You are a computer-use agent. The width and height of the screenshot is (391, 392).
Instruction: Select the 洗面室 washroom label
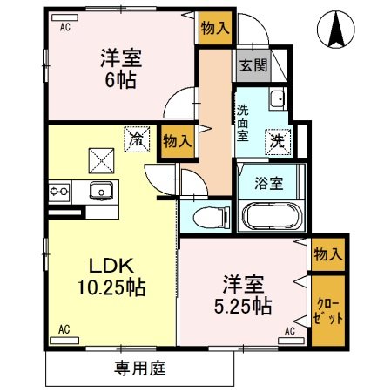[242, 123]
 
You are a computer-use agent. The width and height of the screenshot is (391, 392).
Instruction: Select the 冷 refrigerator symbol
[137, 138]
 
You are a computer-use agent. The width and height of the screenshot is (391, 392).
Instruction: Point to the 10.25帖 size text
[111, 287]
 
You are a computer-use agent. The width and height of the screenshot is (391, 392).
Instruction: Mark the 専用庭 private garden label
[139, 368]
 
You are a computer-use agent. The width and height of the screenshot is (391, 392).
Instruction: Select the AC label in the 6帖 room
[64, 27]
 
